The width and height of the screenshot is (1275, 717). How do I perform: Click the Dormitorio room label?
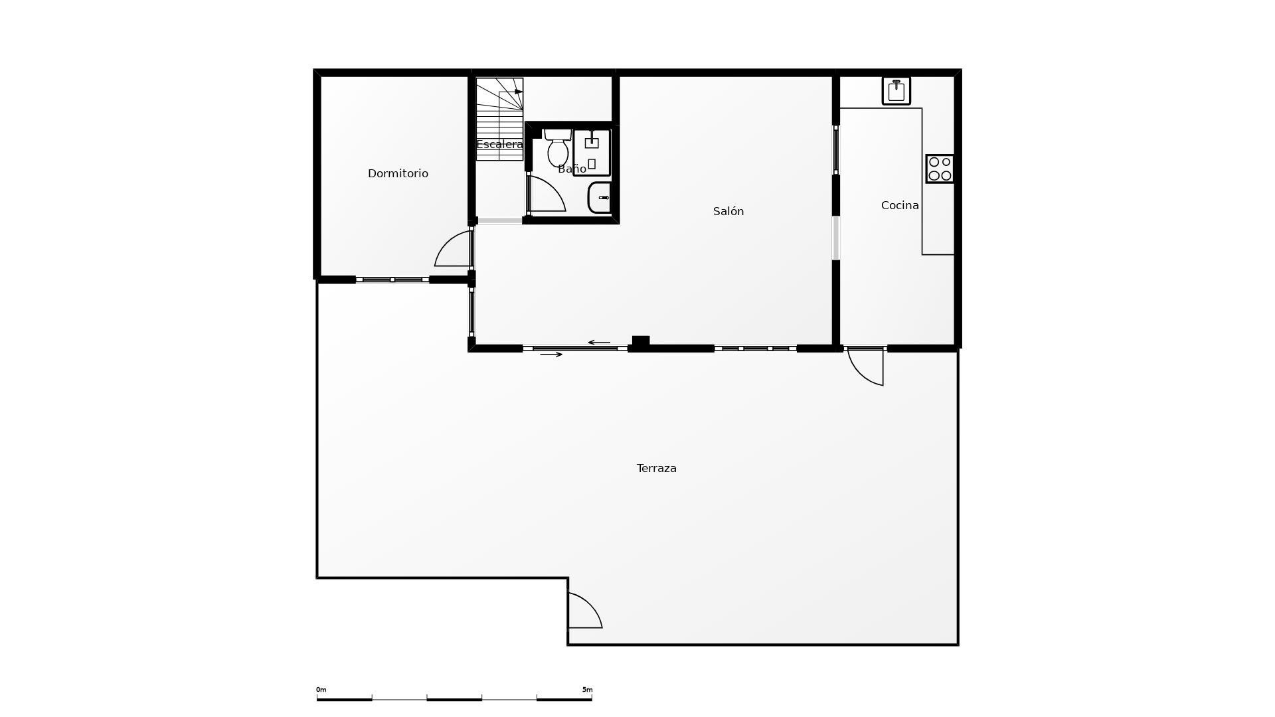click(x=398, y=173)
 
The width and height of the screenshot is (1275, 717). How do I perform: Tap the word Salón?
click(x=728, y=211)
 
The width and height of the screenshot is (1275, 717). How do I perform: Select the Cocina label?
click(x=900, y=205)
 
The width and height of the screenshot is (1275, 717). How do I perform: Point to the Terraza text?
click(x=657, y=468)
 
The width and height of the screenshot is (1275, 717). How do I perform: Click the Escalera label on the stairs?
click(x=500, y=144)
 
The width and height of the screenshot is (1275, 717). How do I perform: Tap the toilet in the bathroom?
click(x=558, y=147)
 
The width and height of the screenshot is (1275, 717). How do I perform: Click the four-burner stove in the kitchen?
click(x=940, y=169)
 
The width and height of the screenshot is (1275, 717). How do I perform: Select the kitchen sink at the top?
click(x=896, y=91)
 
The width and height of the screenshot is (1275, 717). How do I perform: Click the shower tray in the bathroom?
click(x=592, y=152)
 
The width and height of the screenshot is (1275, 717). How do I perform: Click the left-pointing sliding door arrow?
click(x=599, y=343)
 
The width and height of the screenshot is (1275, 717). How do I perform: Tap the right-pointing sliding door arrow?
click(x=551, y=355)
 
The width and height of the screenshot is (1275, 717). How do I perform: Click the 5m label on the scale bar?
click(x=587, y=690)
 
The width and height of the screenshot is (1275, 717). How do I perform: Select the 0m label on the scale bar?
click(x=321, y=690)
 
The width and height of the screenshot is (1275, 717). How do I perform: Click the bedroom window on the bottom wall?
click(x=392, y=279)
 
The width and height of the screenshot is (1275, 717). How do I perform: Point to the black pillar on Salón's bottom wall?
click(x=641, y=341)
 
